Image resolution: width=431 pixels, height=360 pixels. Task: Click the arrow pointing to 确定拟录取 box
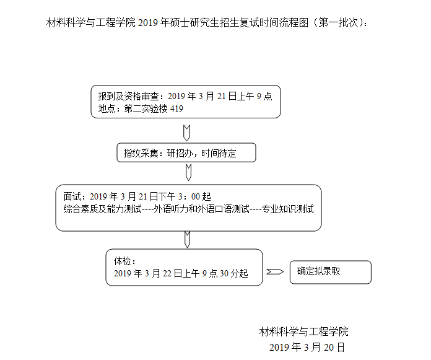(x=275, y=272)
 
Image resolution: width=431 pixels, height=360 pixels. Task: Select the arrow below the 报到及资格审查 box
(x=186, y=133)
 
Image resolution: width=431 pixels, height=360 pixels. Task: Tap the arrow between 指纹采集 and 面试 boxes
(x=188, y=172)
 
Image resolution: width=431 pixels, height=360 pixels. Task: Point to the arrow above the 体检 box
(x=187, y=239)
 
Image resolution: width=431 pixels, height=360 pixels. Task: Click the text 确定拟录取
(x=318, y=271)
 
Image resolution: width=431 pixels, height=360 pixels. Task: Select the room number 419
(x=176, y=108)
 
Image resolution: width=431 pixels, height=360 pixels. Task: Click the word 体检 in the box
(x=123, y=261)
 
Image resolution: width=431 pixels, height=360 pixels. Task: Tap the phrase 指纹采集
(x=141, y=153)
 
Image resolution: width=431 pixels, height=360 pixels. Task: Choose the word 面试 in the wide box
(x=72, y=196)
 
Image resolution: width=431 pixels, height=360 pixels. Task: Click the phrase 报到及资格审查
(x=128, y=96)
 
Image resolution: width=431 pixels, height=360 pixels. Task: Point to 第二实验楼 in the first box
(x=146, y=108)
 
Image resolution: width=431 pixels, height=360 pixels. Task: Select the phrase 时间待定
(x=219, y=153)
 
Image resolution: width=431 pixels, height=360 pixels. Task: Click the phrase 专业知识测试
(x=287, y=209)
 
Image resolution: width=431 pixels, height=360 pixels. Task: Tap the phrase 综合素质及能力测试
(x=102, y=209)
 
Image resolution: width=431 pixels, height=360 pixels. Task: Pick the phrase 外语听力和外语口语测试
(x=201, y=209)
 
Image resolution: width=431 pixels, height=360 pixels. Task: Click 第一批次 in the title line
(x=338, y=22)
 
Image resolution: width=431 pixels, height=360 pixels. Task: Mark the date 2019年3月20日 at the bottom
(x=307, y=348)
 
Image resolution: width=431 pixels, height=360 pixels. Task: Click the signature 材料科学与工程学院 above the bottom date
(x=303, y=331)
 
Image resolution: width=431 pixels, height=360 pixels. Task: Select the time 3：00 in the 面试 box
(x=189, y=196)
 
